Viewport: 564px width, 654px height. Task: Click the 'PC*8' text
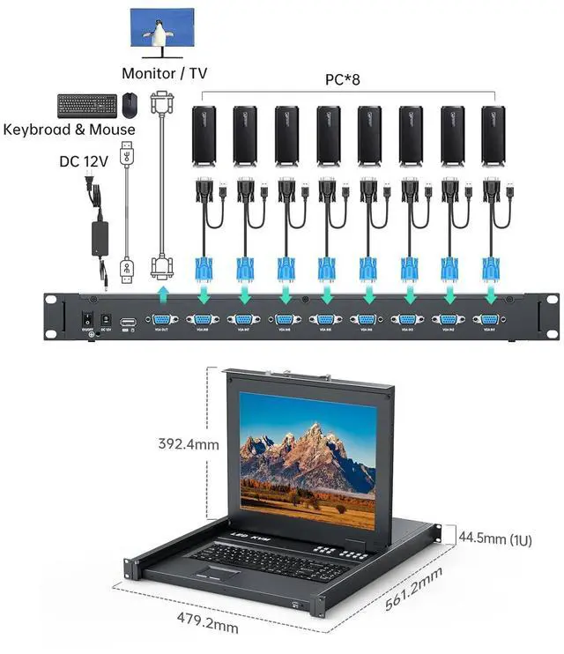click(x=343, y=79)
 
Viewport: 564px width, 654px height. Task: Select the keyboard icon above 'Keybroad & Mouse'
click(x=86, y=106)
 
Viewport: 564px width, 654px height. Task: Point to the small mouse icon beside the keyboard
click(x=130, y=105)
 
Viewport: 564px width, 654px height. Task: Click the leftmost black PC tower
click(x=204, y=135)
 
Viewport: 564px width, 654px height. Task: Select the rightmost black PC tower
click(x=493, y=135)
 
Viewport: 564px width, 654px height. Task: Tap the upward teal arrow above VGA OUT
click(x=161, y=293)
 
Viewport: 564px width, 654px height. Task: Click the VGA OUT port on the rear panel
click(x=161, y=321)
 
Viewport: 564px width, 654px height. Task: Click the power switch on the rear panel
click(x=87, y=320)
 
